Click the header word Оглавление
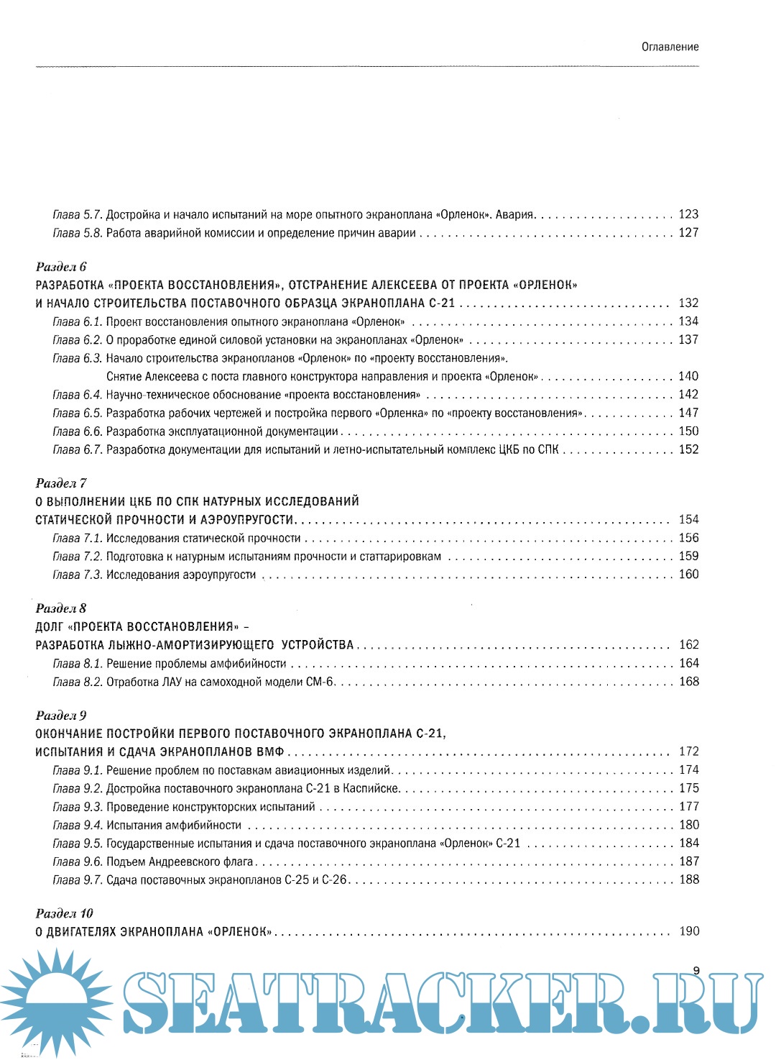tap(670, 47)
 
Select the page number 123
tap(688, 214)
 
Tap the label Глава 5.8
tap(78, 233)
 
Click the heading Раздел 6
tap(61, 267)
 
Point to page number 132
tap(688, 303)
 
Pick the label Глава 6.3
tap(78, 358)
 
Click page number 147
tap(688, 413)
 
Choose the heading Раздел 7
tap(61, 483)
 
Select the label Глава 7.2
tap(78, 557)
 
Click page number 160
tap(688, 575)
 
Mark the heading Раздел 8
tap(61, 608)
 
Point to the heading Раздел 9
tap(61, 716)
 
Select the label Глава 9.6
tap(78, 862)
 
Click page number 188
tap(688, 879)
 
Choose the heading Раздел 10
tap(65, 913)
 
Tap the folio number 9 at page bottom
tap(696, 970)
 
